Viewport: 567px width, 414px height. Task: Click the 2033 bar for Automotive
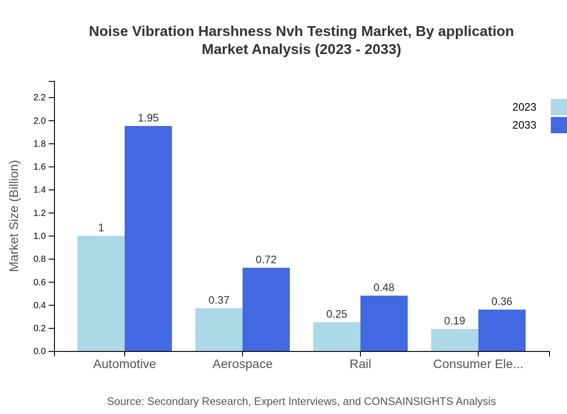coord(148,238)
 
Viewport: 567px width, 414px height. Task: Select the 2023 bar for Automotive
coord(101,293)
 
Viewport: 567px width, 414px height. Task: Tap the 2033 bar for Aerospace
coord(266,310)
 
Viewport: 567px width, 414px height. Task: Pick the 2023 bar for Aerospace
coord(219,330)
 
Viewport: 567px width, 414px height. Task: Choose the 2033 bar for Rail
coord(384,324)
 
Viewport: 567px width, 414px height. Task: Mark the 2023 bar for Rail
coord(337,337)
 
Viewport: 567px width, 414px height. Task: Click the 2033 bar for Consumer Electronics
coord(502,330)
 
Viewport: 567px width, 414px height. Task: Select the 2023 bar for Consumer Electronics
coord(454,340)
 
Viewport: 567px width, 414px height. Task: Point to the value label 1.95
coord(148,118)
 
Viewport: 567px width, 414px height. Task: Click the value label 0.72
coord(266,260)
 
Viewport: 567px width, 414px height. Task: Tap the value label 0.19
coord(454,321)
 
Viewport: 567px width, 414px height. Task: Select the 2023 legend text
coord(524,107)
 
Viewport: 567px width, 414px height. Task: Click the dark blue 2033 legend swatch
coord(558,125)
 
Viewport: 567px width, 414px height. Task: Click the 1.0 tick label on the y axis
coord(40,236)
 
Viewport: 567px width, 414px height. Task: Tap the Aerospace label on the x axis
coord(243,364)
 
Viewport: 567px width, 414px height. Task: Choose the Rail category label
coord(360,364)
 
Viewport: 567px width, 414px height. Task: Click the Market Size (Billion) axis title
coord(14,216)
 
